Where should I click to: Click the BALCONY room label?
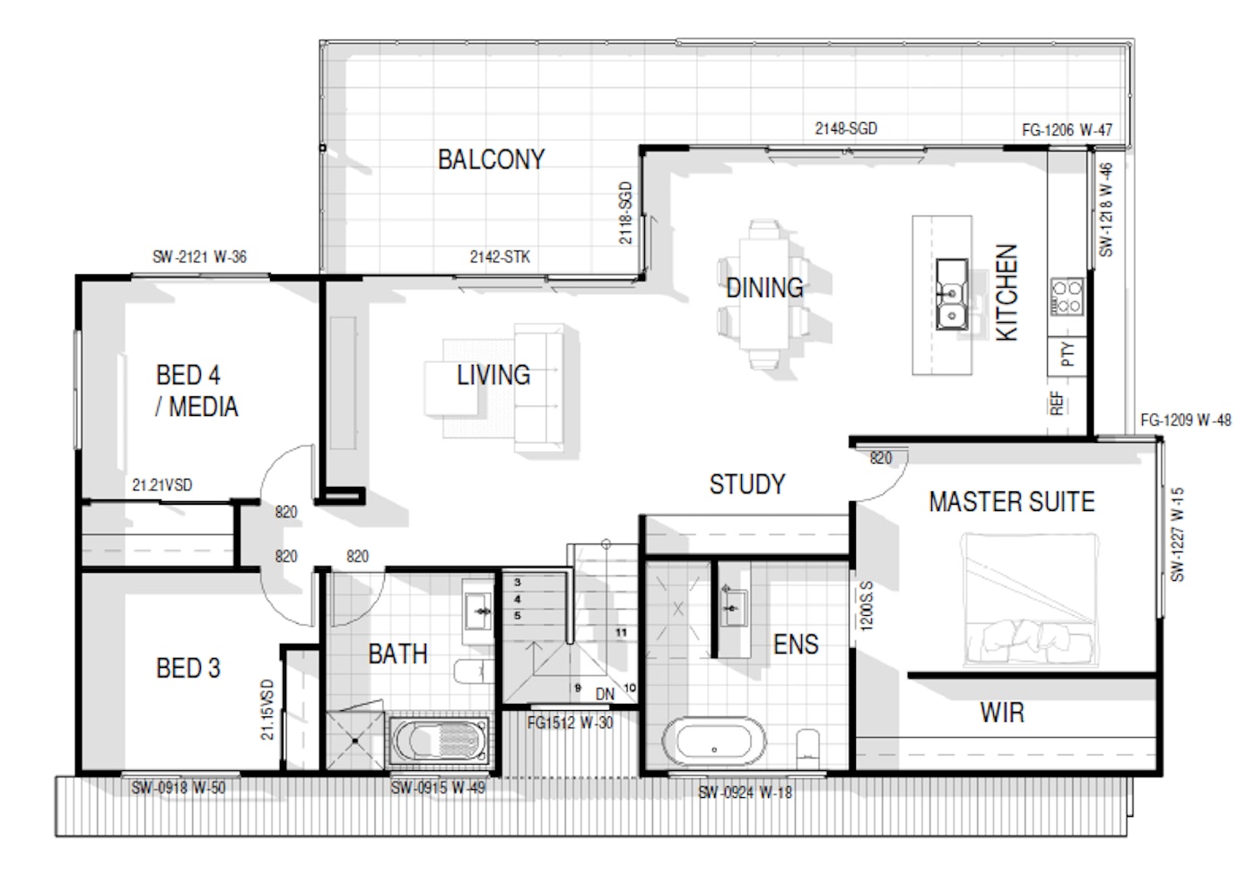point(492,160)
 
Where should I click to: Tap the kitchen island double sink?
point(952,294)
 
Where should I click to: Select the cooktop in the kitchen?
point(1067,297)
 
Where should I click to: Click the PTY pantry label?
point(1068,354)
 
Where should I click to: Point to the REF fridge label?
point(1057,403)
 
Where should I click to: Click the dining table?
point(763,293)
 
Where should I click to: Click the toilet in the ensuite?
point(808,749)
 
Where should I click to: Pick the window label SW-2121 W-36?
point(199,257)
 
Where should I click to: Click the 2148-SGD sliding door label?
point(846,129)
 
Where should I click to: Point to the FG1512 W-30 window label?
point(571,724)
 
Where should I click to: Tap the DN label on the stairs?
point(605,695)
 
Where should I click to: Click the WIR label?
point(1002,713)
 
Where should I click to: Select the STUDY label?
point(747,484)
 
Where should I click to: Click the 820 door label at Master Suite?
point(880,458)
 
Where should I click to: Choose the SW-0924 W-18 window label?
point(746,793)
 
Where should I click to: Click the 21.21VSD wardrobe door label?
point(162,484)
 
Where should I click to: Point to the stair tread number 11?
point(621,632)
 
